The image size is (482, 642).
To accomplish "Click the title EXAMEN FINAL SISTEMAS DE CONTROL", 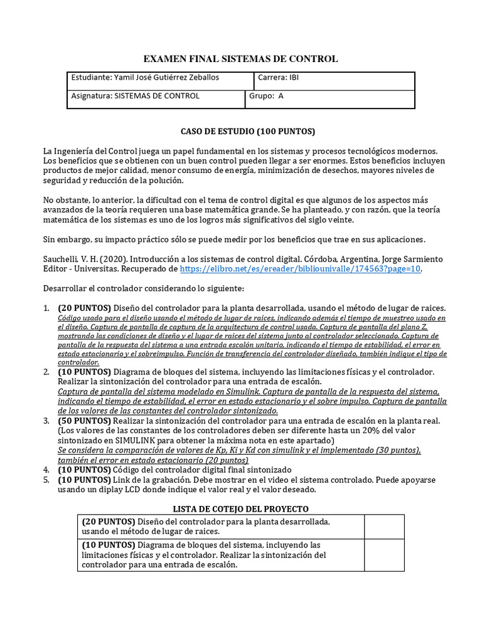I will point(241,59).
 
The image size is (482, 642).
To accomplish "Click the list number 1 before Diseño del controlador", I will point(46,308).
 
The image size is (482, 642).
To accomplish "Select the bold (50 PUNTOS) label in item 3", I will point(84,420).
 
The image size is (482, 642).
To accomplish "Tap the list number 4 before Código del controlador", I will point(46,470).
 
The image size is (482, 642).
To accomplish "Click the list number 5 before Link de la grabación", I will point(46,480).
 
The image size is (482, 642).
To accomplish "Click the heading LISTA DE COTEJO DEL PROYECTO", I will point(240,508).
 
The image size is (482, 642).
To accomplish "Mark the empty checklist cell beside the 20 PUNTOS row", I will point(384,527).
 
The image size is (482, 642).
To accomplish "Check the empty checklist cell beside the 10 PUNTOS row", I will point(384,555).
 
